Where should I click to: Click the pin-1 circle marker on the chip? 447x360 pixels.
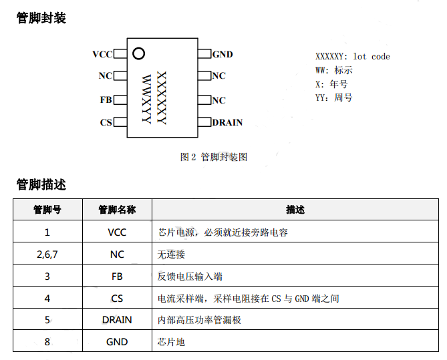138,53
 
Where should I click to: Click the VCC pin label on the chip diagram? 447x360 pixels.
102,54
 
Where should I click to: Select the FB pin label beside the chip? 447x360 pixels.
106,100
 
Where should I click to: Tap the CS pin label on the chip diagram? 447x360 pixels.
106,122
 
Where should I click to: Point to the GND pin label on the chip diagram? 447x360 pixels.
222,54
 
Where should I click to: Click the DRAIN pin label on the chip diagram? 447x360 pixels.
227,122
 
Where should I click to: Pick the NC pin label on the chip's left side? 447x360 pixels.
105,76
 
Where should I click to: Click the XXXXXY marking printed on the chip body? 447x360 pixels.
161,97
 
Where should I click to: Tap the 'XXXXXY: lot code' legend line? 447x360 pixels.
352,57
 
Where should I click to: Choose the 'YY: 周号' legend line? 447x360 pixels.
333,98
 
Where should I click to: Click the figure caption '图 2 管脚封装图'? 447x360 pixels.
214,157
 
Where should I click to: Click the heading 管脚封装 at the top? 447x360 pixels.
41,19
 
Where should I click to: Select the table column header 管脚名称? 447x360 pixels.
117,210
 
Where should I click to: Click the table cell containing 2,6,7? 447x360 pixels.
47,254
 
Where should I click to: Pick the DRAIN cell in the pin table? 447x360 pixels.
117,320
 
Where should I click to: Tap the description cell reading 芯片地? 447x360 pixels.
171,342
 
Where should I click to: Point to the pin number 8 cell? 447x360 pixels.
47,342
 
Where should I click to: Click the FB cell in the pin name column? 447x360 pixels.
117,277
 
